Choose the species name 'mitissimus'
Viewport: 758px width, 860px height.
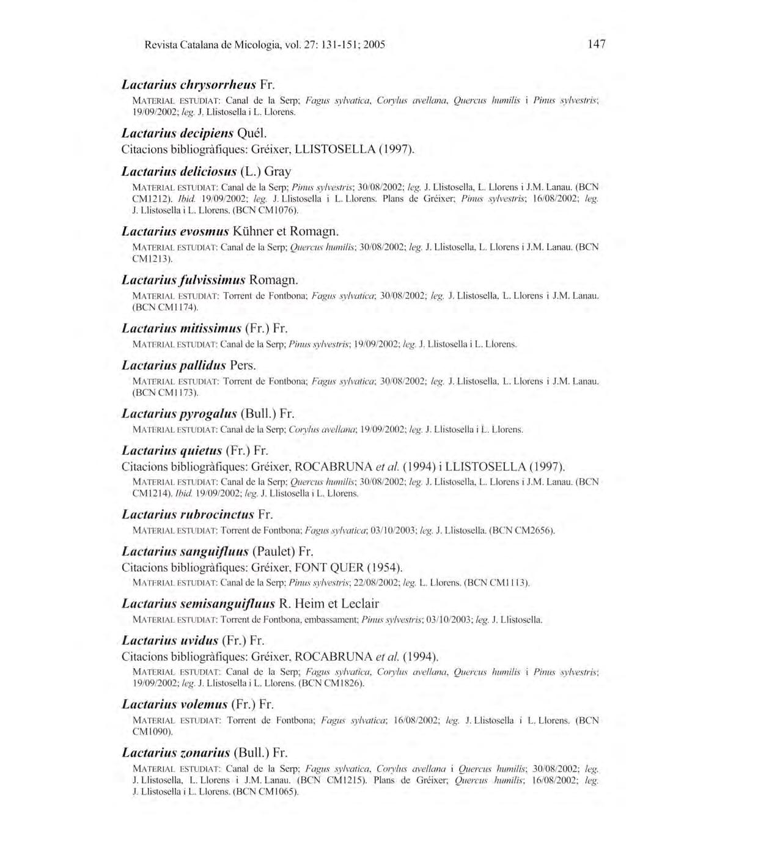(208, 329)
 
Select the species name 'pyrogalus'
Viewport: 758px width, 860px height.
(207, 414)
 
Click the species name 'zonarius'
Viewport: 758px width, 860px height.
(205, 752)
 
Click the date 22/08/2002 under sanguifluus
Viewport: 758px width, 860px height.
(380, 583)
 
